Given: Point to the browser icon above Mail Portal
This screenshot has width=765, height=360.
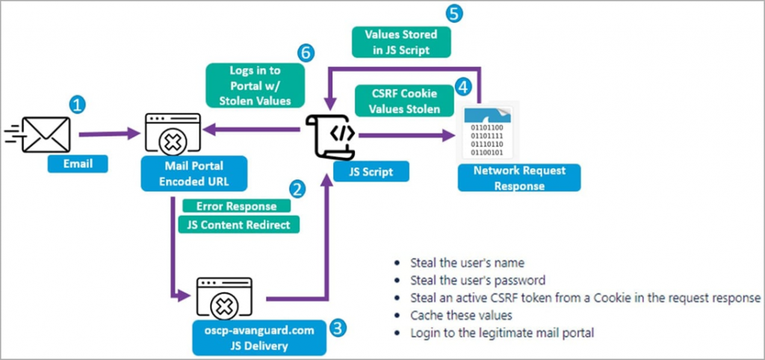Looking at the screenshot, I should (x=174, y=134).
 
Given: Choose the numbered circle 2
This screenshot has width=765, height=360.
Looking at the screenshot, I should (x=297, y=189).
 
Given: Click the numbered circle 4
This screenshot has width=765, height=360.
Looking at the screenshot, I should (x=464, y=87).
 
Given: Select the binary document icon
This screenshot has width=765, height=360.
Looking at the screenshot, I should (x=491, y=133).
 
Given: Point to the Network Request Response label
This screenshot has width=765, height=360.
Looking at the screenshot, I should (x=519, y=178).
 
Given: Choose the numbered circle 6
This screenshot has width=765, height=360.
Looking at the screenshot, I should (x=303, y=52).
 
